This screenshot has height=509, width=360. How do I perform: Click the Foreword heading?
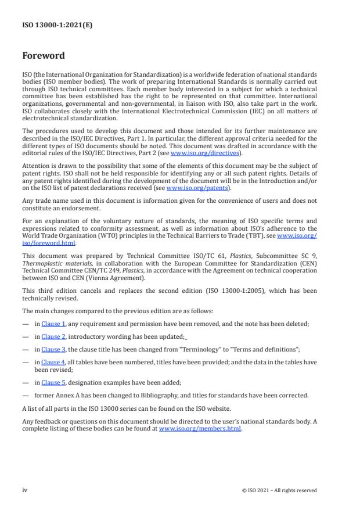[x=44, y=56]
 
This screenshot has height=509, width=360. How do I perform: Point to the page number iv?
[x=25, y=490]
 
